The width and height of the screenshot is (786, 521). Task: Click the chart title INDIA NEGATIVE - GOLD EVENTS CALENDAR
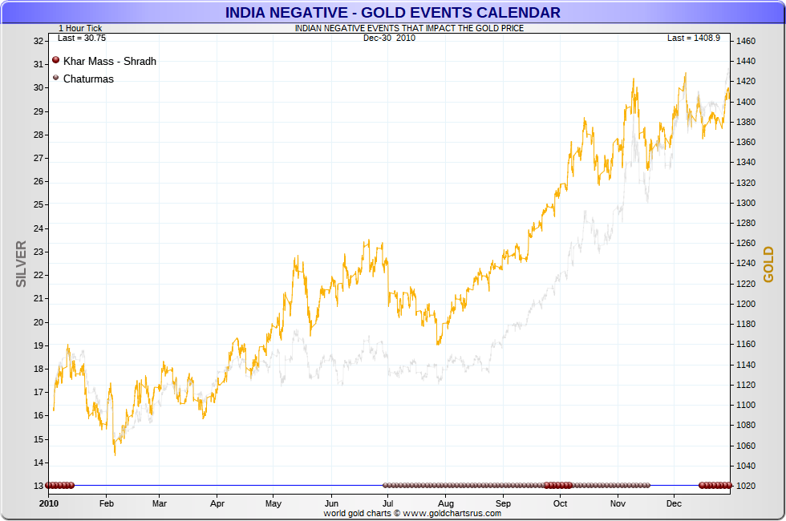coord(392,12)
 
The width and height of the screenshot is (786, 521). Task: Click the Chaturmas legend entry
coord(88,79)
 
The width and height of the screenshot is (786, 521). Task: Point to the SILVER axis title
coord(22,264)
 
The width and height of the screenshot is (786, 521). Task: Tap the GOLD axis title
coord(768,264)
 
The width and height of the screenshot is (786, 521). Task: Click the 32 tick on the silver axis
coord(38,41)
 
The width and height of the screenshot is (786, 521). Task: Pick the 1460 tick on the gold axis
coord(747,41)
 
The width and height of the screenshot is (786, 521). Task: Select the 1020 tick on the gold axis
coord(747,486)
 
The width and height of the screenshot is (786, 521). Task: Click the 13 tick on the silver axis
coord(38,486)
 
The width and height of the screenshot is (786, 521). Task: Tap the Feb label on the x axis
coord(106,504)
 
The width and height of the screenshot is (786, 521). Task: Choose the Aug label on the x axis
coord(447,504)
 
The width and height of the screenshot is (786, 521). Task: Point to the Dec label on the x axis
coord(674,504)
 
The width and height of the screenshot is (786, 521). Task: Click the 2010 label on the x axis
coord(50,504)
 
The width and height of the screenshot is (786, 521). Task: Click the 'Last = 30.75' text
coord(82,38)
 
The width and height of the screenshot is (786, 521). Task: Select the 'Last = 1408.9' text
coord(694,38)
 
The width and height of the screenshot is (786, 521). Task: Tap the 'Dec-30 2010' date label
coord(389,38)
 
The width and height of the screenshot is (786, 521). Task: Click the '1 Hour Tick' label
coord(80,28)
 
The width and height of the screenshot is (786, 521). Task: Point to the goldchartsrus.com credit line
coord(412,513)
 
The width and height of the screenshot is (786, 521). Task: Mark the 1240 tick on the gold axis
coord(747,264)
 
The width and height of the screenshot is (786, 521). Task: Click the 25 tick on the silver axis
coord(38,205)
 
